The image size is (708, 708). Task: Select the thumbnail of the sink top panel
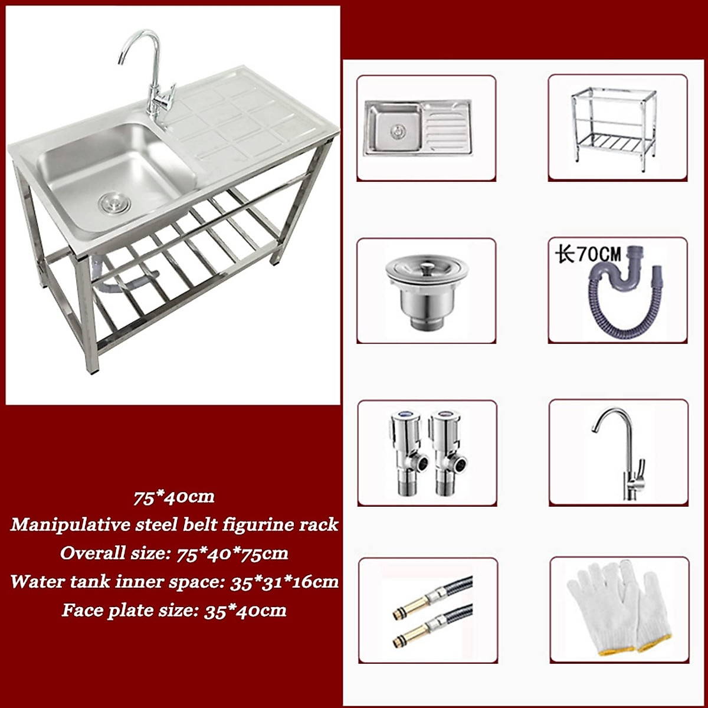418,127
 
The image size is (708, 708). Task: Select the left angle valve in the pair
407,452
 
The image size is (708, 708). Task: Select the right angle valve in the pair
447,452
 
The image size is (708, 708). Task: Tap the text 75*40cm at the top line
174,497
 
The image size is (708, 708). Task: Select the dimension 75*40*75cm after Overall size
224,553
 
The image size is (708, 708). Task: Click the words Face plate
97,610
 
